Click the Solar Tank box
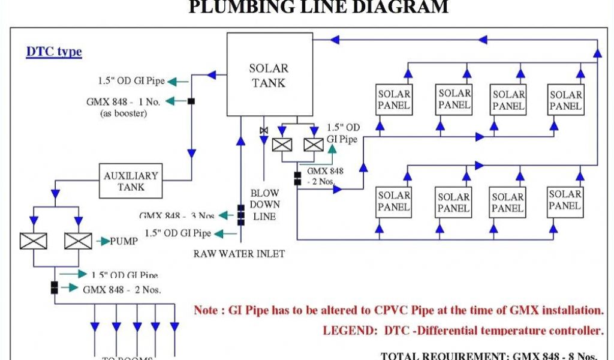pos(269,75)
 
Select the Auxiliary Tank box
pos(131,181)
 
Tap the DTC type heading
pos(54,52)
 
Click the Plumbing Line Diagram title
pos(318,7)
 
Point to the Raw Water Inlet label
pos(239,254)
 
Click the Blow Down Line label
pos(264,205)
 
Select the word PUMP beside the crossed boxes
pos(124,241)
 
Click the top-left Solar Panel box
pos(394,100)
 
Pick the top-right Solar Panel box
pos(565,100)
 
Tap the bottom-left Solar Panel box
pos(394,202)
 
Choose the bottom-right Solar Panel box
pos(565,200)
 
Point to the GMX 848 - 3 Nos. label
pos(177,215)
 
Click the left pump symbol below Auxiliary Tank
pos(33,241)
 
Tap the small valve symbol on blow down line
pos(263,131)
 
